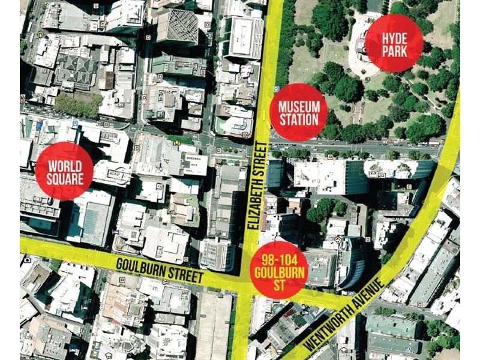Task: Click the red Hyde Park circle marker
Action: [394, 43]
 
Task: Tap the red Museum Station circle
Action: [299, 112]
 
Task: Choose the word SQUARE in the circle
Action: [64, 177]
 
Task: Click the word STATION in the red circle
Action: [299, 119]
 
